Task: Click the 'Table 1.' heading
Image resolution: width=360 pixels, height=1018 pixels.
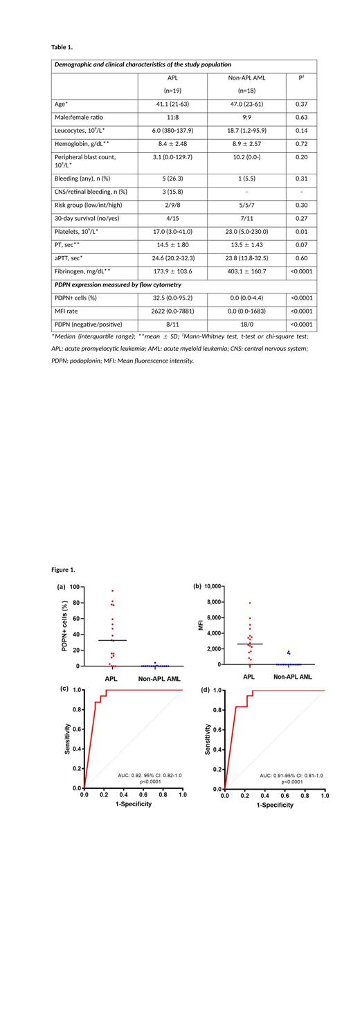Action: pos(62,47)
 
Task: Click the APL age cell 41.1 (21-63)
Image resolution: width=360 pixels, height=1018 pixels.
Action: pos(172,104)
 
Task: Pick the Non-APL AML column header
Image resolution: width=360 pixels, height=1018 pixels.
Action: pos(247,78)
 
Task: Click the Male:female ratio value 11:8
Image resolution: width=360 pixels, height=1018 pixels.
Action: pos(172,117)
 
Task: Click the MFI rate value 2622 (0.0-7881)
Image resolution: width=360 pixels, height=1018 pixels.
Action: pos(172,311)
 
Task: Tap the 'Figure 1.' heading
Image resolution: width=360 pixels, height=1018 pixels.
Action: pos(63,570)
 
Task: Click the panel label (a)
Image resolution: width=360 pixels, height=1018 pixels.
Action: pos(62,587)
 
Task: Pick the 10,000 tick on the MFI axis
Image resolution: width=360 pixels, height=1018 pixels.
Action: pos(210,586)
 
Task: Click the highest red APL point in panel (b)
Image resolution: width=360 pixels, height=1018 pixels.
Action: pos(249,603)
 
